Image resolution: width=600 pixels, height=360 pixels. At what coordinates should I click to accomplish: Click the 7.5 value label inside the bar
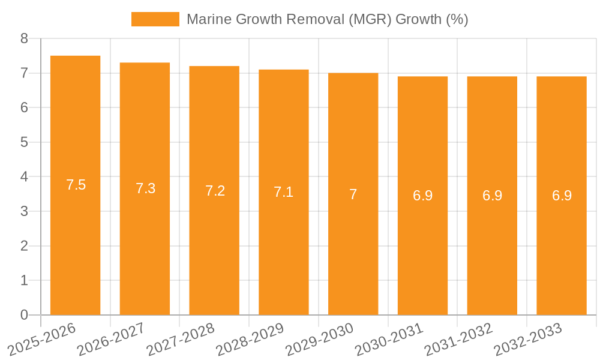[76, 185]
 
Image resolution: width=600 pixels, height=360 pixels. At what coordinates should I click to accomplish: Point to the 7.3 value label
[146, 188]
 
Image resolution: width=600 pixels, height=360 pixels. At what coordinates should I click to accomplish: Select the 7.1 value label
[284, 192]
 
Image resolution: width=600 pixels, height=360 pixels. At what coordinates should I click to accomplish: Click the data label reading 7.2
[215, 191]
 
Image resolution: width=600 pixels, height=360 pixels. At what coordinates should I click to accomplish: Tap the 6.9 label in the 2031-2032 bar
[493, 196]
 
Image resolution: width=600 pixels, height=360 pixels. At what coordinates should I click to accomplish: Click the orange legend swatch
[155, 19]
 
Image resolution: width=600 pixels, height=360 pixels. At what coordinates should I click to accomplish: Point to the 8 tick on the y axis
[24, 38]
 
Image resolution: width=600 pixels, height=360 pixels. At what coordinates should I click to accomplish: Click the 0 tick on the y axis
[24, 315]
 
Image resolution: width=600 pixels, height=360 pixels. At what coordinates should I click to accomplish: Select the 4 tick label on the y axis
[24, 177]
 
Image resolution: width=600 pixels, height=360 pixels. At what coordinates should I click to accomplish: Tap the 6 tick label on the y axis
[24, 107]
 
